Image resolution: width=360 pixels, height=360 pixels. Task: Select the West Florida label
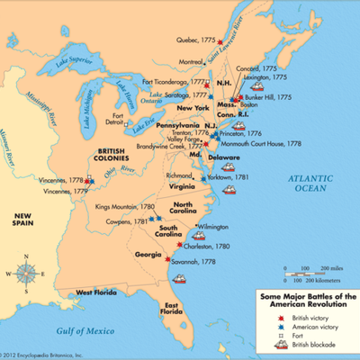(x=98, y=292)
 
